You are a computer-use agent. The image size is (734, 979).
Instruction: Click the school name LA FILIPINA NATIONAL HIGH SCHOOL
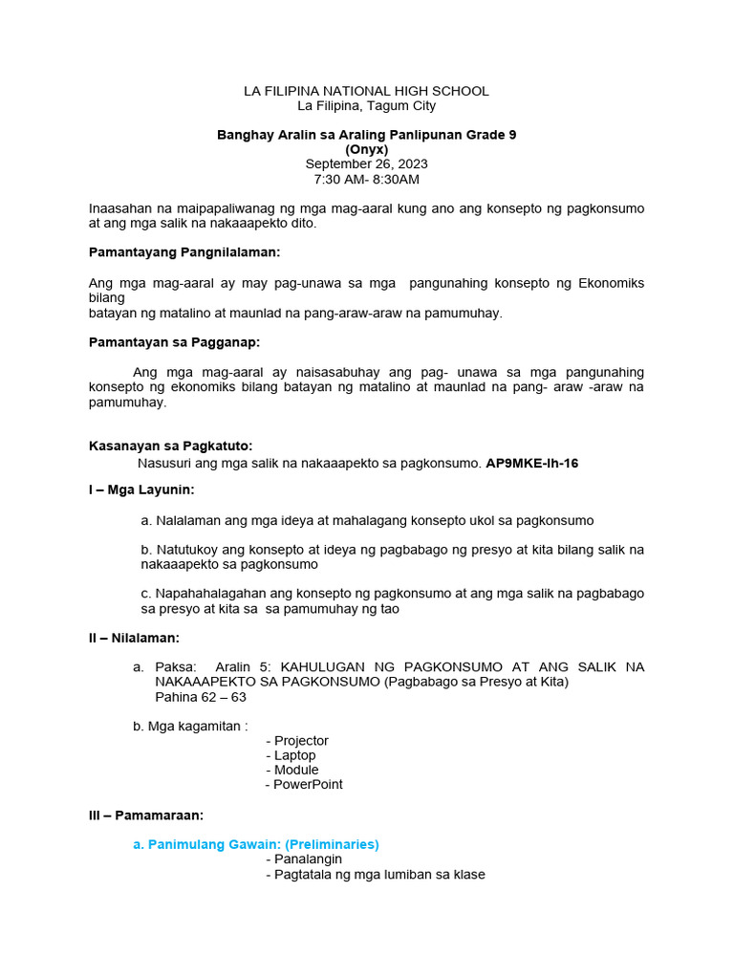tap(366, 91)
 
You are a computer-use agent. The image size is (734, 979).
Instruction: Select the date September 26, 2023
tap(366, 163)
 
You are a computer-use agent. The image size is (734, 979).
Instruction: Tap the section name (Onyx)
tap(366, 149)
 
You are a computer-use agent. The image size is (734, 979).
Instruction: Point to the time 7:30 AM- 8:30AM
tap(366, 179)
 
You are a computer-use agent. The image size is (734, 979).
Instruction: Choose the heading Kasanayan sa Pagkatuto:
tap(170, 446)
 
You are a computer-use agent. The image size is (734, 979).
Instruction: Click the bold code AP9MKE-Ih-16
tap(531, 463)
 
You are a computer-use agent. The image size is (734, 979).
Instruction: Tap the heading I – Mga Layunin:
tap(141, 490)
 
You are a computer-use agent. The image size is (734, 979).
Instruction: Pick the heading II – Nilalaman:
tap(134, 638)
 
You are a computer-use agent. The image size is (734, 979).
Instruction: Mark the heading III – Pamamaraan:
tap(145, 816)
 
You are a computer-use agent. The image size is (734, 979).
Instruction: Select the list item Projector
tap(301, 741)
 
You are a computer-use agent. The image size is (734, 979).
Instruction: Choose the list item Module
tap(295, 770)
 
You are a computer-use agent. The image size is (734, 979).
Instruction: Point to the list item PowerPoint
tap(308, 784)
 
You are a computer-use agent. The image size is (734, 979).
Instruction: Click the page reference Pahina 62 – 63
tap(203, 697)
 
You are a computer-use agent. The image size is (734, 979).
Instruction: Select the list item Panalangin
tap(308, 859)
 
